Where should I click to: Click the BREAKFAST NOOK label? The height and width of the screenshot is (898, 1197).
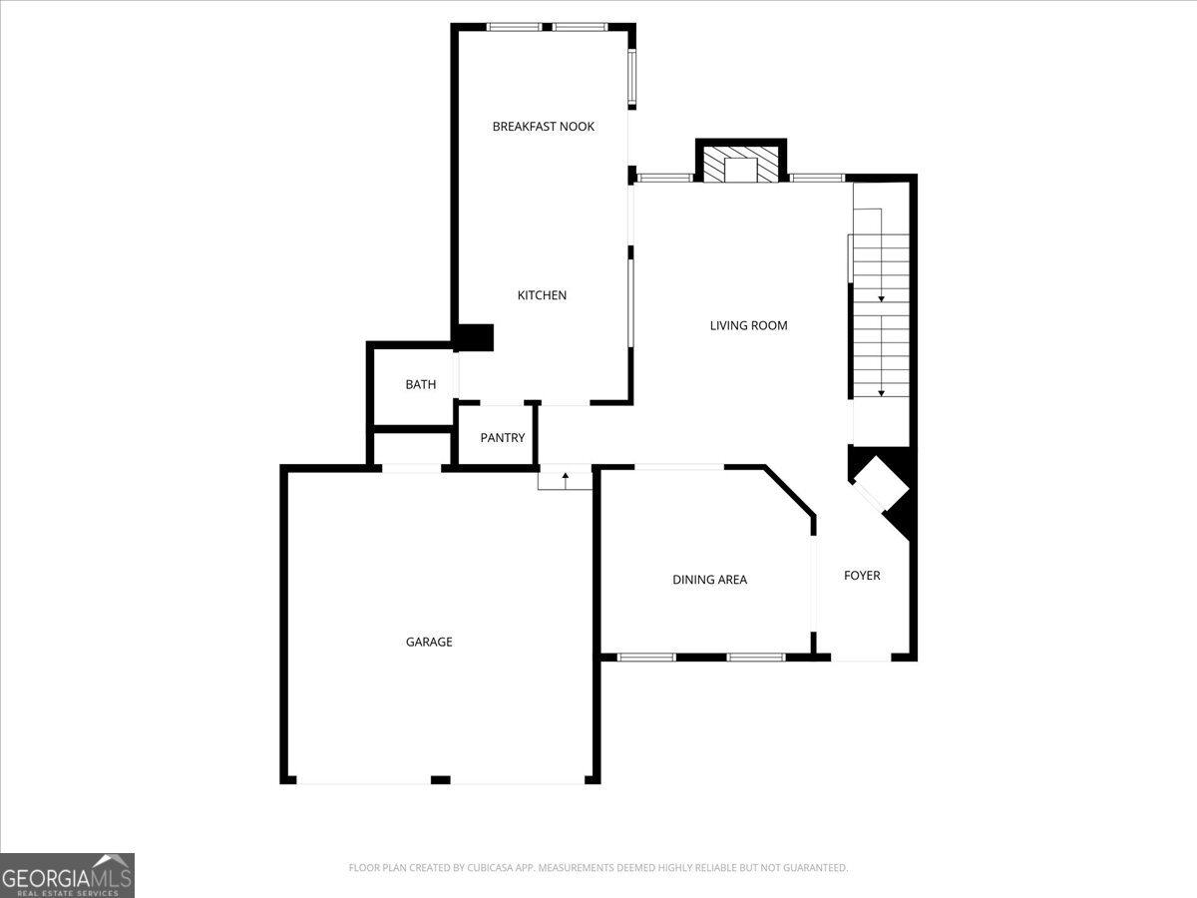544,127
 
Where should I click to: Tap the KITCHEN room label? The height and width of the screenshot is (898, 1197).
542,295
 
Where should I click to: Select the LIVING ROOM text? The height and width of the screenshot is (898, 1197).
748,325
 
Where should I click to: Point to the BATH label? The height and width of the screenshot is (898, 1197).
421,384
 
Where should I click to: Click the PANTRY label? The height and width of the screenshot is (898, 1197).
503,437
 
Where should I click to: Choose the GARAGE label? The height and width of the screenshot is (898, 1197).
429,642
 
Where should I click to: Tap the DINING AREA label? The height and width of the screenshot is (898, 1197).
709,580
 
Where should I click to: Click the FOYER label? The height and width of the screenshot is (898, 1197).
862,576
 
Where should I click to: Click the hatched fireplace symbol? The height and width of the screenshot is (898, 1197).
740,164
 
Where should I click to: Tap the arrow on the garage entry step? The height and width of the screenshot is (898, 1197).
566,480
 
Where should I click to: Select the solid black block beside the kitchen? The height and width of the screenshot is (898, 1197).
474,337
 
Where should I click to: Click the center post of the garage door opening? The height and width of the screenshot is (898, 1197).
441,780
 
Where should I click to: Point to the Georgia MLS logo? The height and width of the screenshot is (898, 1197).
67,875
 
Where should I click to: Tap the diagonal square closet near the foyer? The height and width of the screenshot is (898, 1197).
881,484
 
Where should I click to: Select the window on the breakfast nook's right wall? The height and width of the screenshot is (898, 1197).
632,77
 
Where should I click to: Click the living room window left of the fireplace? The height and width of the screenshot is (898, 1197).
664,178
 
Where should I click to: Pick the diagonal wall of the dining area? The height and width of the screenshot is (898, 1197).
789,490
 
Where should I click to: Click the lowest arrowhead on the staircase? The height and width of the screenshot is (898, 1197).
881,393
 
